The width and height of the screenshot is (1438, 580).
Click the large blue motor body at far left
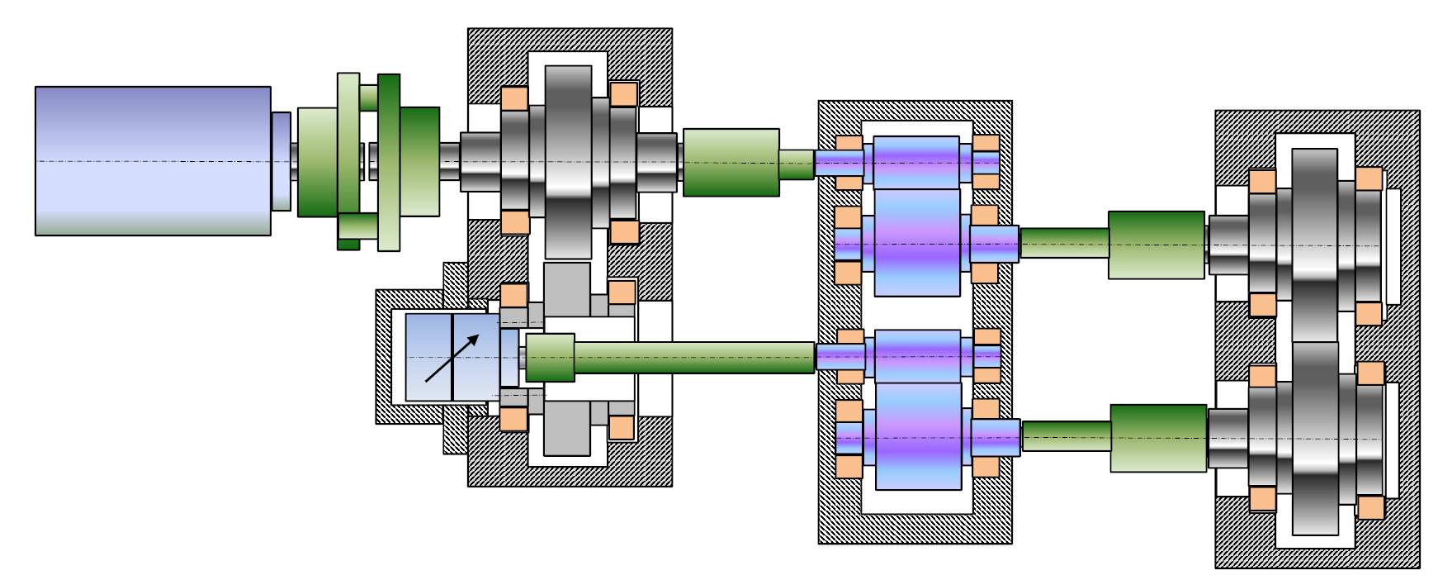153,161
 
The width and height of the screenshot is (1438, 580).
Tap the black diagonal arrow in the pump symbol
452,358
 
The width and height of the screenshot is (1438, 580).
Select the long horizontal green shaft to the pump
693,358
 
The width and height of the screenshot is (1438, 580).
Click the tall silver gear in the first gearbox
568,161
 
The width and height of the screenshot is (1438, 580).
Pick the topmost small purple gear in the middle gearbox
916,162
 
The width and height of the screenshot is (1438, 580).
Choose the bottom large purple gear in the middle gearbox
918,436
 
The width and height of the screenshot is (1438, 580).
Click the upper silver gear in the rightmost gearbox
1314,245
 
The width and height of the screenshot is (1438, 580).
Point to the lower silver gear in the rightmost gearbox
1315,438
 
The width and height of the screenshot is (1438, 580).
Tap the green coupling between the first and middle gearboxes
731,162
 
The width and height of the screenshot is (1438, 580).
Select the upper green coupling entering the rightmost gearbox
1156,245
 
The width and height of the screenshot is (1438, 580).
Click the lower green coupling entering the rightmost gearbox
1158,438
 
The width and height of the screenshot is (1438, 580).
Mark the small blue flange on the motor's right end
281,161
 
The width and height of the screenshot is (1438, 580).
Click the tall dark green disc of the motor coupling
389,162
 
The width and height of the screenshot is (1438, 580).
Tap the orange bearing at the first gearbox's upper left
514,98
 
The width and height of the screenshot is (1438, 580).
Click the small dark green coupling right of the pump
550,358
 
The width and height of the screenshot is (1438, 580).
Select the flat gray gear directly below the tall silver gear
567,289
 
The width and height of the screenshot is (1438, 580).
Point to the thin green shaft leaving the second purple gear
1064,243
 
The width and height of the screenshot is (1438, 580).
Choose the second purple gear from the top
917,243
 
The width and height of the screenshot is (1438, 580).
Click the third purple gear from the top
917,356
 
